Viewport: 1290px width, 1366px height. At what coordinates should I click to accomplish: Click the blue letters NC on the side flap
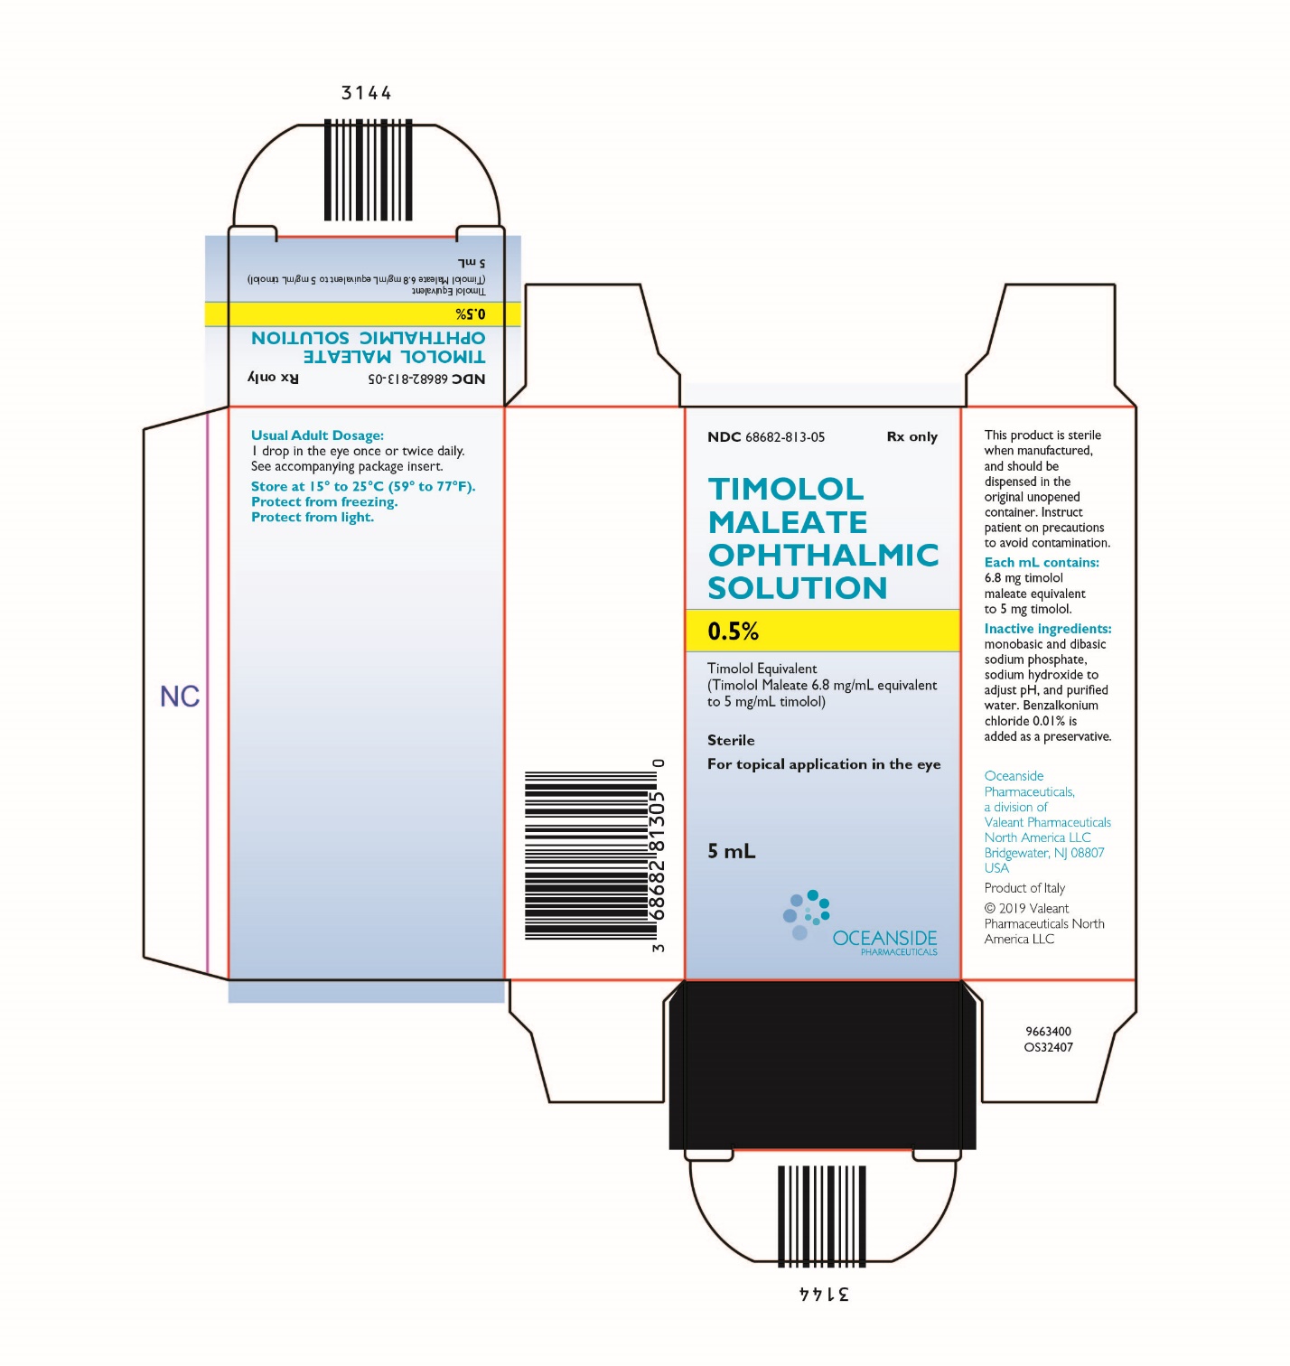[x=180, y=697]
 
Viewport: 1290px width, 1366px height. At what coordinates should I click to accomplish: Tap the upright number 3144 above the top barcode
[x=366, y=93]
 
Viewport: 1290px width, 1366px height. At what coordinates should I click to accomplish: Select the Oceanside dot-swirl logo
[x=806, y=914]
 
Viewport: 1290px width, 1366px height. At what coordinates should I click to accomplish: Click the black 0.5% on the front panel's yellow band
[x=733, y=631]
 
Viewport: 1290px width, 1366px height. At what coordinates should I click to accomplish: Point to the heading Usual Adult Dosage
[x=317, y=435]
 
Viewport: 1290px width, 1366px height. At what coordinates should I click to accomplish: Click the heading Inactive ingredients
[x=1047, y=628]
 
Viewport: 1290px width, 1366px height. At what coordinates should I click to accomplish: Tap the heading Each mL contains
[x=1042, y=562]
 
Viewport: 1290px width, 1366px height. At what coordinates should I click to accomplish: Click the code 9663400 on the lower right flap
[x=1048, y=1031]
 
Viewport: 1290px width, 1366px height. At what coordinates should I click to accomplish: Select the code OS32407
[x=1048, y=1047]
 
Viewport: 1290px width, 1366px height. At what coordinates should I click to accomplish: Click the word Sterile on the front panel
[x=731, y=740]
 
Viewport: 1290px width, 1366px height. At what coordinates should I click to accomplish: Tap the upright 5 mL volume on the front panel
[x=732, y=852]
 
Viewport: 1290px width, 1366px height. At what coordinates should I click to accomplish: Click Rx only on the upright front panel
[x=911, y=436]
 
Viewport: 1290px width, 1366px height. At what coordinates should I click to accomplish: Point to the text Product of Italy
[x=1024, y=888]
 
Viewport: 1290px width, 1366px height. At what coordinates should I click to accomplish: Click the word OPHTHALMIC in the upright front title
[x=823, y=555]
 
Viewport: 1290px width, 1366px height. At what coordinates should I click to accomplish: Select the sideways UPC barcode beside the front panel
[x=590, y=855]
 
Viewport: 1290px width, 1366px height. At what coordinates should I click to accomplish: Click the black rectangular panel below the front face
[x=822, y=1065]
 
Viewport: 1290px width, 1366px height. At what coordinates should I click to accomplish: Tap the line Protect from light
[x=313, y=518]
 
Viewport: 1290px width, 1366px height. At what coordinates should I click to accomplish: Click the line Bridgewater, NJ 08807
[x=1043, y=853]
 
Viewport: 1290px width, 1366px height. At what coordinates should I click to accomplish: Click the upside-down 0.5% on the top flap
[x=470, y=314]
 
